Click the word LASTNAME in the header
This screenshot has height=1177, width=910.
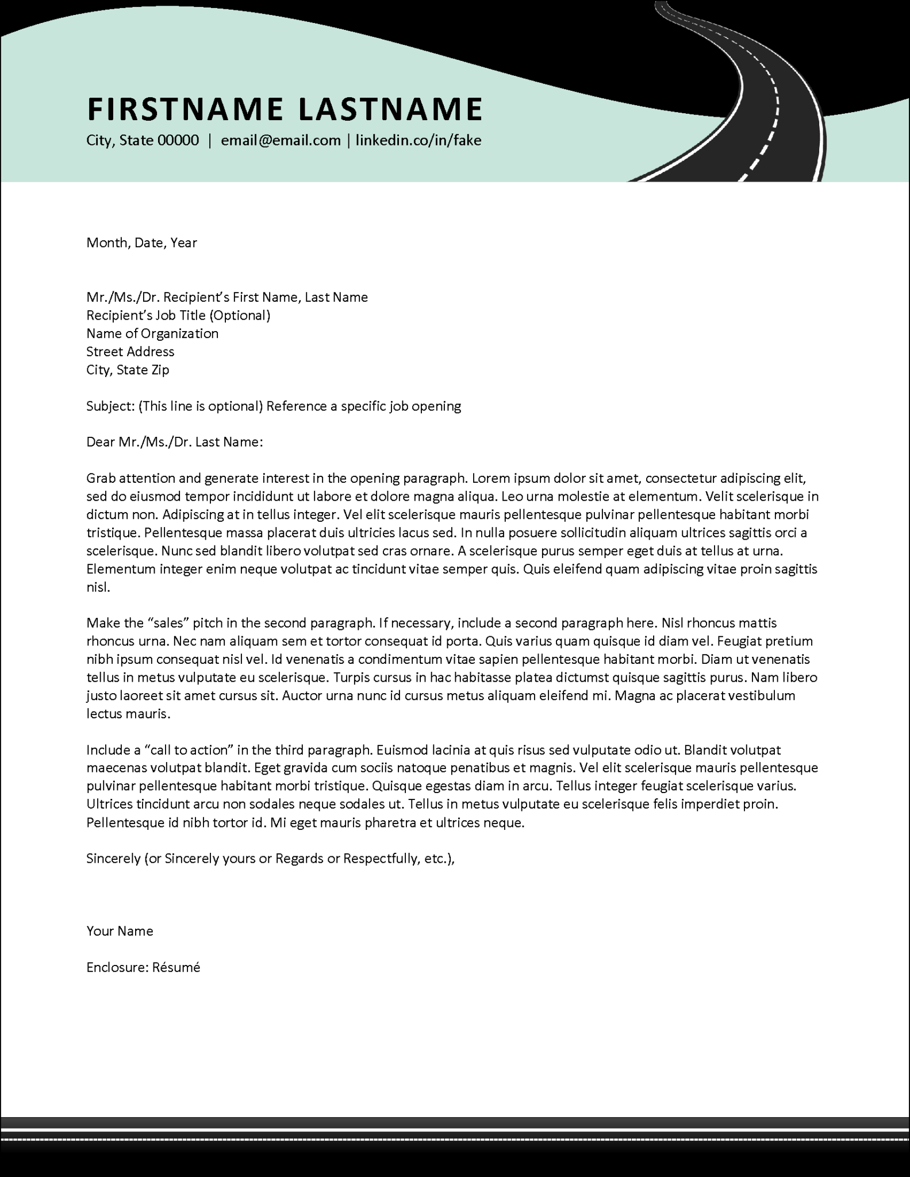click(390, 109)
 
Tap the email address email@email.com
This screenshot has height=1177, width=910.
click(281, 140)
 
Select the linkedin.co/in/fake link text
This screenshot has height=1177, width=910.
click(418, 140)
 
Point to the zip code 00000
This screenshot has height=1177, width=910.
click(178, 140)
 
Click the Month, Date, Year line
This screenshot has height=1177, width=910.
click(141, 243)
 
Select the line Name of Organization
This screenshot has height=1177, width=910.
click(152, 333)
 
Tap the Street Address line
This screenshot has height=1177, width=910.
click(130, 352)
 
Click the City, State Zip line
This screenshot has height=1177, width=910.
click(128, 370)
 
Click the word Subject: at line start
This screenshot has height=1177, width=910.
click(110, 406)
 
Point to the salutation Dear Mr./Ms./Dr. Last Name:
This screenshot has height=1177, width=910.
click(174, 442)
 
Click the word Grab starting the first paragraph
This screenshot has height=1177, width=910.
click(101, 478)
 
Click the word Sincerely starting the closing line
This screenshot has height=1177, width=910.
click(113, 859)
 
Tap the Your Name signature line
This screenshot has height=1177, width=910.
click(120, 931)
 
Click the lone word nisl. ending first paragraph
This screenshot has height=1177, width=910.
click(98, 587)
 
